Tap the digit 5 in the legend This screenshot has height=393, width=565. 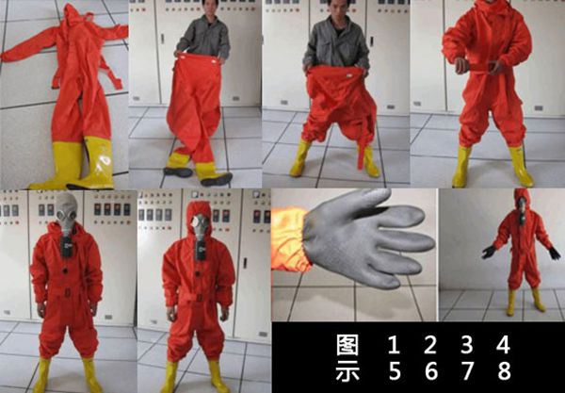pos(393,370)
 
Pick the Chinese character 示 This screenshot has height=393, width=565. pos(347,370)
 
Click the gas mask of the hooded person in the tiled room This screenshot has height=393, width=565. pos(200,225)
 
